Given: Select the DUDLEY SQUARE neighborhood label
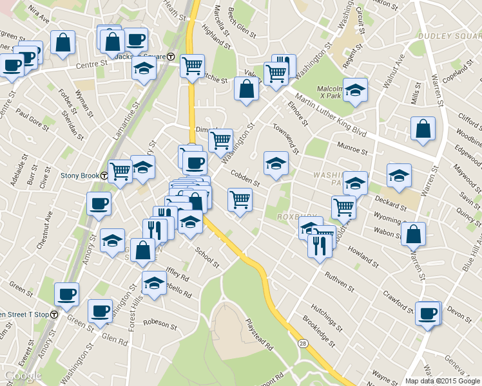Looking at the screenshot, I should tap(445, 35).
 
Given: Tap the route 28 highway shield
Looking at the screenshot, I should tap(302, 346).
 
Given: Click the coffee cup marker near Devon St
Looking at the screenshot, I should tap(428, 313).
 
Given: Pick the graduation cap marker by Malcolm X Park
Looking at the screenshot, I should tap(354, 89).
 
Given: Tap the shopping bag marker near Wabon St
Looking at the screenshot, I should tap(413, 234).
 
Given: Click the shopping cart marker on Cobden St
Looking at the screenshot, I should tap(240, 199).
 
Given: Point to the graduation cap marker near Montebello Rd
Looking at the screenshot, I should tap(154, 282).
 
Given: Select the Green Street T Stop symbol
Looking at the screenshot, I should tap(55, 315).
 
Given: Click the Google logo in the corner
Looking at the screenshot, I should tap(23, 376).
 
